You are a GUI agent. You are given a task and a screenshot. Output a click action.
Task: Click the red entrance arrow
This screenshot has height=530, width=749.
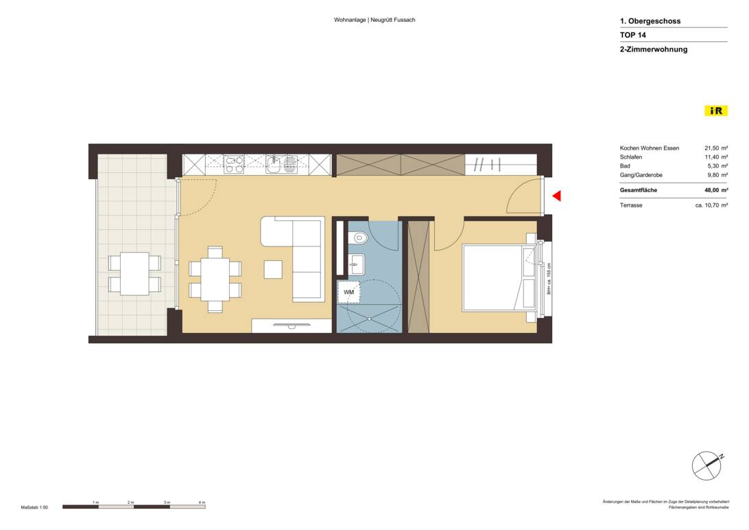coord(556,196)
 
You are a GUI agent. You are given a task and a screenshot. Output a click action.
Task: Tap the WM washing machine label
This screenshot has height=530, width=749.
coord(348,292)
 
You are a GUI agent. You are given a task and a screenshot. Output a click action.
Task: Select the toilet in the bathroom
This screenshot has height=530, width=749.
coord(358,238)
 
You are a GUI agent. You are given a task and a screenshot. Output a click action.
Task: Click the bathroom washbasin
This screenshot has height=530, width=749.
coord(357,262)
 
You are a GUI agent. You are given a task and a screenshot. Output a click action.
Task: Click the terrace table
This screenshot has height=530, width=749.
coord(134,274)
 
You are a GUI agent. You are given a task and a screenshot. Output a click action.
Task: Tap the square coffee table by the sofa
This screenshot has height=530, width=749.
coord(273,269)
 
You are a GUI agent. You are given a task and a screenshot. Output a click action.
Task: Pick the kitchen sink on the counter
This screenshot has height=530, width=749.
coord(274,164)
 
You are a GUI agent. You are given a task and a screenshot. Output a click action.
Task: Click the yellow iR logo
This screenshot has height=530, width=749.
coord(716,111)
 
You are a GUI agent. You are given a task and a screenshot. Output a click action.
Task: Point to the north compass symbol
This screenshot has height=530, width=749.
coord(707,466)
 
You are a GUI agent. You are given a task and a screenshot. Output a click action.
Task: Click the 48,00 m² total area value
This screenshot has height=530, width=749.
coord(715,191)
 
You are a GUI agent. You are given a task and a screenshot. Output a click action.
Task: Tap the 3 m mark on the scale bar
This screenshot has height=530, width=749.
coord(167,503)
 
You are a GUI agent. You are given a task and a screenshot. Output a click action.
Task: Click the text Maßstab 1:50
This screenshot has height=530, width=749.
coord(34,507)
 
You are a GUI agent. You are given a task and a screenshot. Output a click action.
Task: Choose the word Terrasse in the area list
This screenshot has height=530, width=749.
coord(631,205)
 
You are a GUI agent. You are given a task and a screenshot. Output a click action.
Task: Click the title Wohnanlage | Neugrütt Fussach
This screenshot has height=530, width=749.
coord(374,20)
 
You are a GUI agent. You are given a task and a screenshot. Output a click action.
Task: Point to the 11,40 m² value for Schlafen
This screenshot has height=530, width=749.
coord(715,157)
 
